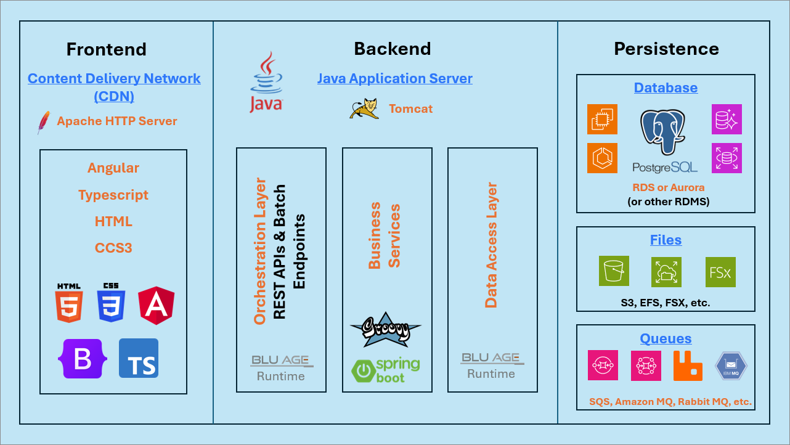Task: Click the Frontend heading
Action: click(107, 49)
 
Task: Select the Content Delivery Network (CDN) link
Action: click(114, 87)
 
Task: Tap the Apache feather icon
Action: click(43, 123)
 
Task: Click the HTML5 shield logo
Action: click(69, 303)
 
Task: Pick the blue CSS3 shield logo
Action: click(111, 303)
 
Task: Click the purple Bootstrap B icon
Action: click(83, 359)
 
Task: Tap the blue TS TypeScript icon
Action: click(139, 358)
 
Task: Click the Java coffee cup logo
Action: click(266, 82)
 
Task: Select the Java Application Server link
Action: click(394, 79)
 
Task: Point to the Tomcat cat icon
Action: click(364, 108)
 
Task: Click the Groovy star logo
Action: click(386, 329)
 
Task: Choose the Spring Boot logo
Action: click(386, 369)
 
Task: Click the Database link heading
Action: click(666, 88)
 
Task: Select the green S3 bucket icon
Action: click(614, 271)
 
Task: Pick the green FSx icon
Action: click(720, 272)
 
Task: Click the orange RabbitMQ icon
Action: click(688, 365)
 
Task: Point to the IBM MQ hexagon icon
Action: click(731, 365)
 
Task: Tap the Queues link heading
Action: click(666, 338)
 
